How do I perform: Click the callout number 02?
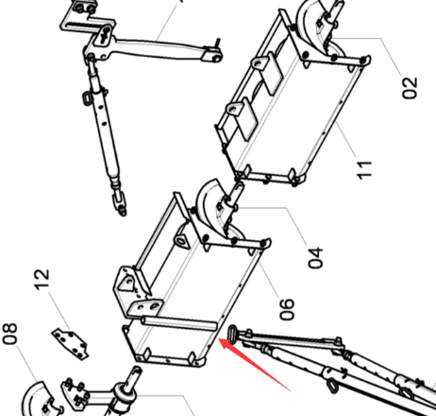pyautogui.click(x=411, y=88)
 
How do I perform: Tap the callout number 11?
pyautogui.click(x=365, y=170)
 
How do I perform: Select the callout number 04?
pyautogui.click(x=315, y=258)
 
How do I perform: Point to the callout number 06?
pyautogui.click(x=287, y=309)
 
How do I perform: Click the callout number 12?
pyautogui.click(x=42, y=279)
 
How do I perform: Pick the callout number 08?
pyautogui.click(x=9, y=334)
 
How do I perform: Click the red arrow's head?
pyautogui.click(x=226, y=343)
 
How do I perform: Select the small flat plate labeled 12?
pyautogui.click(x=71, y=344)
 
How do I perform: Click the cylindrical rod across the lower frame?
pyautogui.click(x=178, y=324)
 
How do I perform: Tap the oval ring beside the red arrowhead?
pyautogui.click(x=233, y=334)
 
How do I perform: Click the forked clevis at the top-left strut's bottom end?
pyautogui.click(x=120, y=201)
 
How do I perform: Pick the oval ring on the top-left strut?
pyautogui.click(x=87, y=97)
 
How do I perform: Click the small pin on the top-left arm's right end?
pyautogui.click(x=217, y=43)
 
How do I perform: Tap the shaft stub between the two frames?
pyautogui.click(x=237, y=193)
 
